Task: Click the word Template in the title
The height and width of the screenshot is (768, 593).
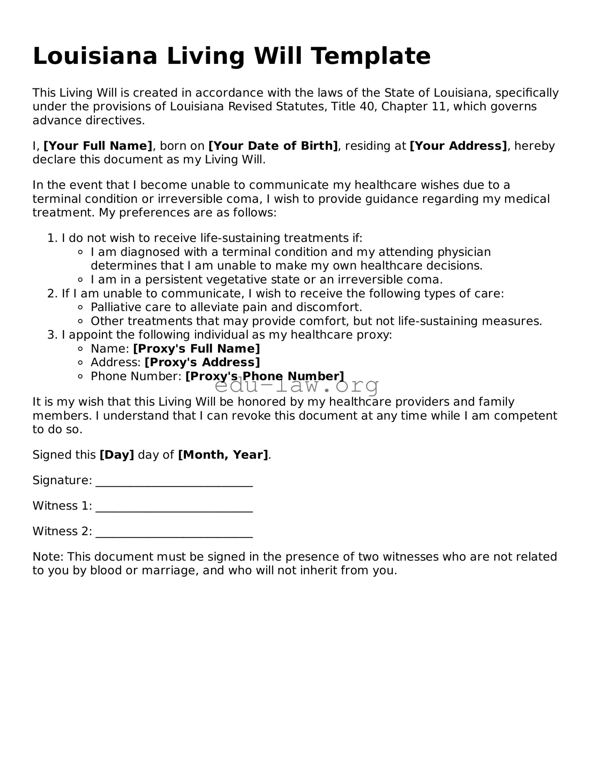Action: (x=371, y=56)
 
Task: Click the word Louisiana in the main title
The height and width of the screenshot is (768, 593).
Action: (x=95, y=56)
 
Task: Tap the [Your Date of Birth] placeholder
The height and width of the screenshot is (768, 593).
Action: (x=273, y=146)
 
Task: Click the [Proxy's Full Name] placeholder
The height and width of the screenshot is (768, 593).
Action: (x=196, y=348)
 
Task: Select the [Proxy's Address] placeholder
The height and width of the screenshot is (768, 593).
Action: (x=202, y=362)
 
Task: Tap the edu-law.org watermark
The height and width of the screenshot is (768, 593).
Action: (x=297, y=386)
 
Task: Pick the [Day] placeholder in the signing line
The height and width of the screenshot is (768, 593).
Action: (x=117, y=455)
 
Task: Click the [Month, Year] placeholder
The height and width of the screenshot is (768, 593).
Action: (x=223, y=455)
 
